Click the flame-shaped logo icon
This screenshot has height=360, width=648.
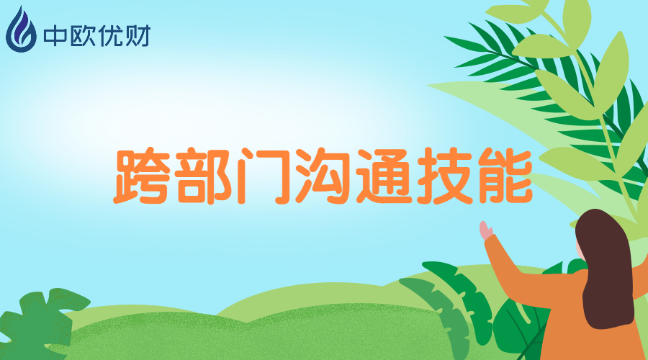21,30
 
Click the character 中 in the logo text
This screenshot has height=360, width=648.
55,36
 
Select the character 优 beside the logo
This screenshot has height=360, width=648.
109,36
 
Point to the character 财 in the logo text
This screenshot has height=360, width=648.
137,36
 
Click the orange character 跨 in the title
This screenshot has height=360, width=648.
143,176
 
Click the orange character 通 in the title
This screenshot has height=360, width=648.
384,176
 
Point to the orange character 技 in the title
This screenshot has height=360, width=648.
444,176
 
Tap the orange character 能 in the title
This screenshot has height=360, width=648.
505,176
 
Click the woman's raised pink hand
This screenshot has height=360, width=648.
485,230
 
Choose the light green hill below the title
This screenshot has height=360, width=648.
256,330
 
